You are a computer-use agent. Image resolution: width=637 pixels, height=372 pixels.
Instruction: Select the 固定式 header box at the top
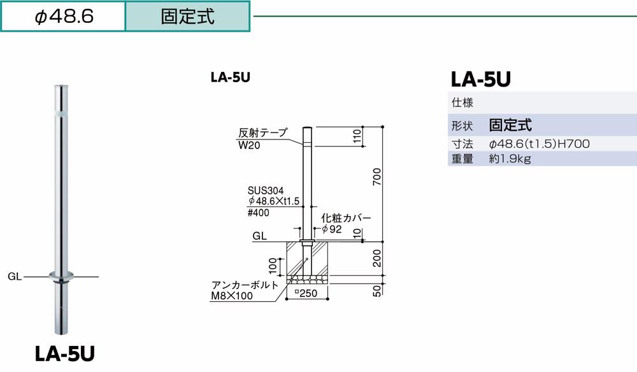pos(188,16)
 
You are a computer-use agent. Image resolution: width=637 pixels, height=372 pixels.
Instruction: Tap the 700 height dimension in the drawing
pos(376,175)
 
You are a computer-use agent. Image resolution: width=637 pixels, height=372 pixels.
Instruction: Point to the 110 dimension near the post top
pos(357,136)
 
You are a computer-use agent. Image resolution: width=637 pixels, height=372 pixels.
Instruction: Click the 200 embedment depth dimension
pos(376,258)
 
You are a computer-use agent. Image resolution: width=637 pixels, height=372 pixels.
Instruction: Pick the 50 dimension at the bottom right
pos(376,290)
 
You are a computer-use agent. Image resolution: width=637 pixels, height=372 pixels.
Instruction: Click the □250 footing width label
pos(308,294)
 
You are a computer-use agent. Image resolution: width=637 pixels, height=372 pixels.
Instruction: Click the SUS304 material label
pos(266,190)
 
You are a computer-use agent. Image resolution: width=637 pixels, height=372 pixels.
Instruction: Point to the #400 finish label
pos(258,213)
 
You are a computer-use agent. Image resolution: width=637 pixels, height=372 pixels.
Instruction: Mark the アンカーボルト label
pos(245,285)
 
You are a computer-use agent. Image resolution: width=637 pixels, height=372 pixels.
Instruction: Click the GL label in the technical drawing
pos(259,236)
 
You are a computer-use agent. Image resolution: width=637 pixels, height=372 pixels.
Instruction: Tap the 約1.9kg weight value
pos(510,159)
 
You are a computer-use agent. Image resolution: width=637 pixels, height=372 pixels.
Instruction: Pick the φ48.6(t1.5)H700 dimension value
pos(539,144)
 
